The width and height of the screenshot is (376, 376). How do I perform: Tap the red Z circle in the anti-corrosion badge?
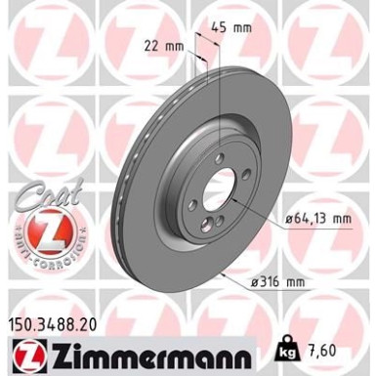pyautogui.click(x=40, y=233)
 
